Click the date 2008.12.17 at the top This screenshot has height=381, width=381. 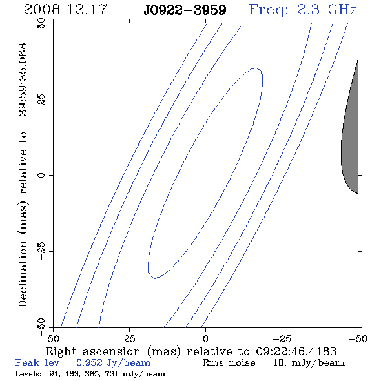(x=65, y=10)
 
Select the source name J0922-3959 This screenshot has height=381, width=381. (x=185, y=10)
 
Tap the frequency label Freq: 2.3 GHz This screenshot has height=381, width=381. (x=303, y=10)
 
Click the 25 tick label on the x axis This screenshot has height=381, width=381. (x=129, y=338)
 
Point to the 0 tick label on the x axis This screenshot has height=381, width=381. (x=205, y=338)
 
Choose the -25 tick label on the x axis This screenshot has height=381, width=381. (x=282, y=338)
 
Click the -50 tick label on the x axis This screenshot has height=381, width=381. (x=358, y=338)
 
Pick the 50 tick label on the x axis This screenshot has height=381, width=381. (x=53, y=338)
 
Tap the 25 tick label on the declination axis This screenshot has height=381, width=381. (x=41, y=99)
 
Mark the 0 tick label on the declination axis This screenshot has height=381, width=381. (x=41, y=175)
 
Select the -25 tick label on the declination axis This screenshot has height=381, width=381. (x=41, y=251)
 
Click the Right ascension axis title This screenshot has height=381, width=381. (x=190, y=351)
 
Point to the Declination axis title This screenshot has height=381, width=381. (x=23, y=176)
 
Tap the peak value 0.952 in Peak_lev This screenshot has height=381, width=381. (x=89, y=362)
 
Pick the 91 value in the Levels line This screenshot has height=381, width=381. (x=54, y=373)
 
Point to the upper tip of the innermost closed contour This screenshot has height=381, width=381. (x=256, y=68)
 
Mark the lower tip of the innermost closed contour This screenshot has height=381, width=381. (x=155, y=278)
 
